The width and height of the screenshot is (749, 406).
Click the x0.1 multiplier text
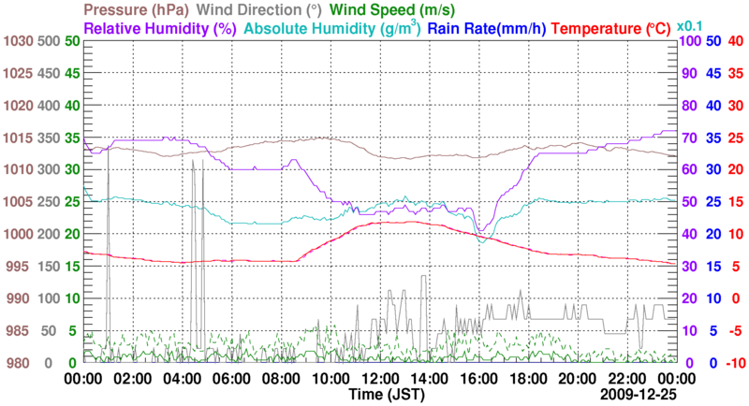pyautogui.click(x=691, y=25)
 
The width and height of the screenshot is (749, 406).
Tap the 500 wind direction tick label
pyautogui.click(x=51, y=41)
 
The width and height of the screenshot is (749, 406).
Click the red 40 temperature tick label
pyautogui.click(x=735, y=41)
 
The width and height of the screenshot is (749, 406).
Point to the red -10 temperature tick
pyautogui.click(x=733, y=363)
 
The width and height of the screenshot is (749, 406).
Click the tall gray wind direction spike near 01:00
pyautogui.click(x=108, y=187)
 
